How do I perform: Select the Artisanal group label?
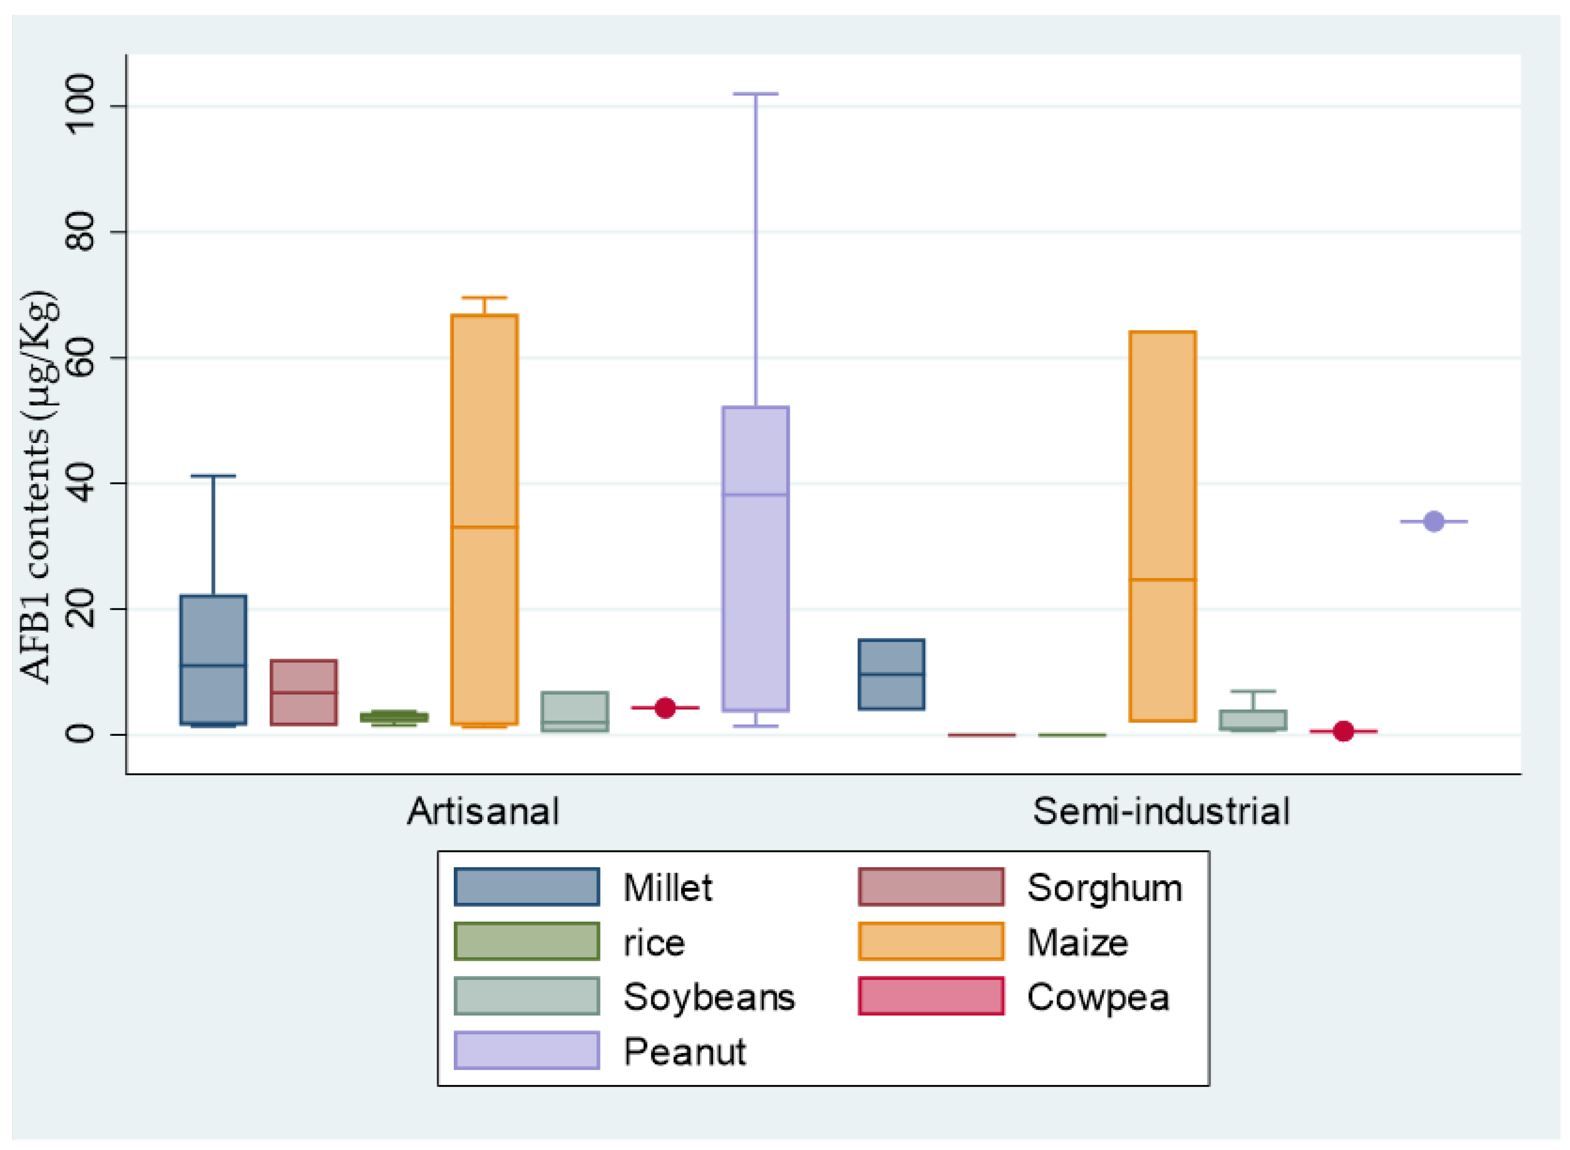483,812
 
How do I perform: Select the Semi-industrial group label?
1160,812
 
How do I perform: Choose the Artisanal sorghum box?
304,692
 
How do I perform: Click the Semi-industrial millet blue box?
891,674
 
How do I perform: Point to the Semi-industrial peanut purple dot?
1433,522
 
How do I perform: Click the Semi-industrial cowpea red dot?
1343,731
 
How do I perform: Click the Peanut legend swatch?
527,1051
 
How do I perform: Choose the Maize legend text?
1077,943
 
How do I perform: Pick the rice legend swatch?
527,942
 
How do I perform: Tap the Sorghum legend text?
1104,888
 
